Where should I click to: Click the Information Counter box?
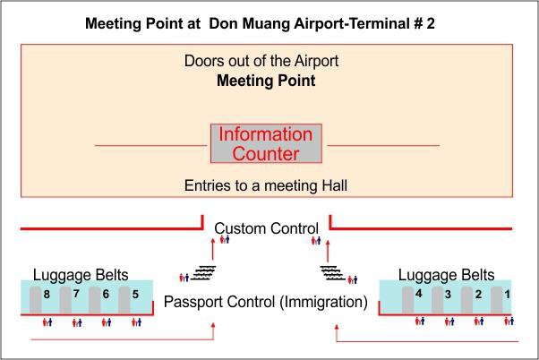[x=266, y=143]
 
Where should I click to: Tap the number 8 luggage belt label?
[x=47, y=295]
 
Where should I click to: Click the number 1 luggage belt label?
[x=507, y=295]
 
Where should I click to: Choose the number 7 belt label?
[x=76, y=294]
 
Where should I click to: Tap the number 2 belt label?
[x=478, y=295]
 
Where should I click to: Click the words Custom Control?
[x=267, y=228]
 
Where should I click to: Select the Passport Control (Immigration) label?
[x=266, y=302]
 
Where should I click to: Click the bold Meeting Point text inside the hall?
[x=266, y=81]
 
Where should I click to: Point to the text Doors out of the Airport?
[x=261, y=61]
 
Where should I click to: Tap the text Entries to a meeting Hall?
[x=266, y=185]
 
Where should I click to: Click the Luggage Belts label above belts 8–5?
[x=81, y=275]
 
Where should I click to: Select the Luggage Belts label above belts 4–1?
[x=446, y=275]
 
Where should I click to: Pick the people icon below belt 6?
[x=107, y=322]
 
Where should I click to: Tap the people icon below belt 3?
[x=449, y=321]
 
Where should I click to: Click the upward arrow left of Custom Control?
[x=213, y=250]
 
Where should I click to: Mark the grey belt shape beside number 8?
[x=36, y=300]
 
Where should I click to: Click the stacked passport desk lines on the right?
[x=332, y=272]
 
